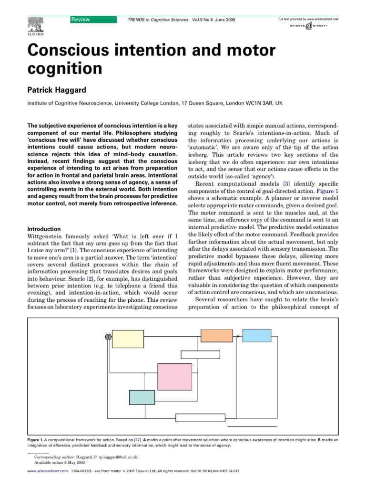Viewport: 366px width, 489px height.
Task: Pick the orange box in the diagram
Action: (x=217, y=335)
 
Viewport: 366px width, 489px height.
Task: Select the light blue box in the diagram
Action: (x=257, y=335)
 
